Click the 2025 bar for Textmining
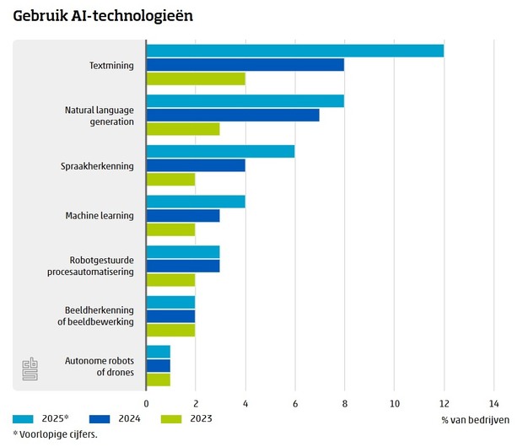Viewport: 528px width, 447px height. click(294, 51)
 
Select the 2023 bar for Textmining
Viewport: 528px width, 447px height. click(196, 78)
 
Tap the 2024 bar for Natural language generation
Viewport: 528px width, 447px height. click(233, 115)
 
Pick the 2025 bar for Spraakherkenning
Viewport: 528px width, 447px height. click(220, 151)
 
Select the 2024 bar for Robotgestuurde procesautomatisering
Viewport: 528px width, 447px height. click(183, 266)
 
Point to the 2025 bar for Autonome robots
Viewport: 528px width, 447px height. click(159, 352)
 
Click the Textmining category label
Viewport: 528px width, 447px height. click(111, 65)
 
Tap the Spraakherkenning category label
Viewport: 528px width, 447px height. click(98, 165)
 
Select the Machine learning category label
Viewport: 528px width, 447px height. click(100, 216)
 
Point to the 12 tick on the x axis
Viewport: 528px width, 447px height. click(444, 403)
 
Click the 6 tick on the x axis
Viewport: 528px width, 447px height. click(295, 403)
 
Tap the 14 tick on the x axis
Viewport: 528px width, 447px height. click(493, 403)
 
